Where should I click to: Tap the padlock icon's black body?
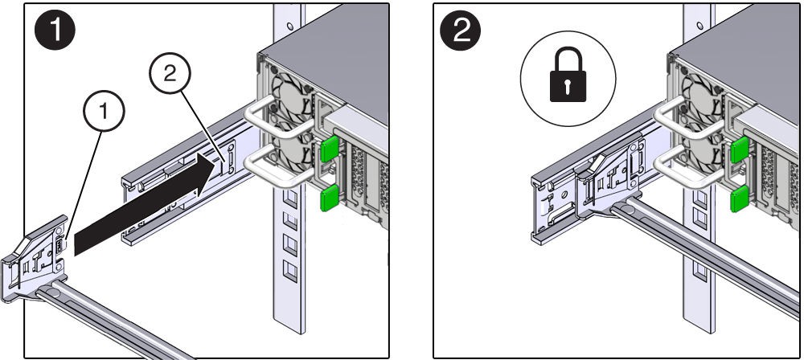[x=567, y=87]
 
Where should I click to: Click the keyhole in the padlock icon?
[x=567, y=86]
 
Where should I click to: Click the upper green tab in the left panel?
[x=328, y=150]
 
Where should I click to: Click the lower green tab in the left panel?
[x=327, y=198]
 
